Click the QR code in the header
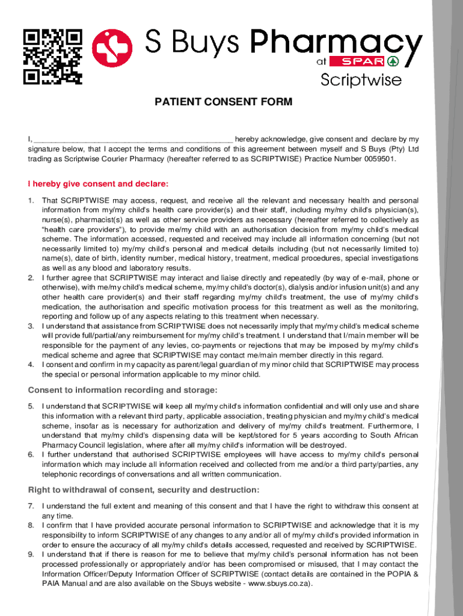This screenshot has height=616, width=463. (52, 56)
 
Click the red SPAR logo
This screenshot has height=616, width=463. (364, 61)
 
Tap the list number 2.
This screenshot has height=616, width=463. (31, 278)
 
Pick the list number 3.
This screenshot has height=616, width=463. (31, 326)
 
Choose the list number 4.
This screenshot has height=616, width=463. (31, 365)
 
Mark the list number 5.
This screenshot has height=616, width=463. (31, 407)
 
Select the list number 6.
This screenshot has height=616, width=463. (31, 455)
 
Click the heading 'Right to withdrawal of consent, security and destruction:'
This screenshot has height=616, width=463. (144, 490)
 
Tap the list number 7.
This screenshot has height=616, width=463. (31, 507)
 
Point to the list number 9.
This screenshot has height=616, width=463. (31, 555)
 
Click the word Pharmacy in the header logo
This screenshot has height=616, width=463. (336, 43)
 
